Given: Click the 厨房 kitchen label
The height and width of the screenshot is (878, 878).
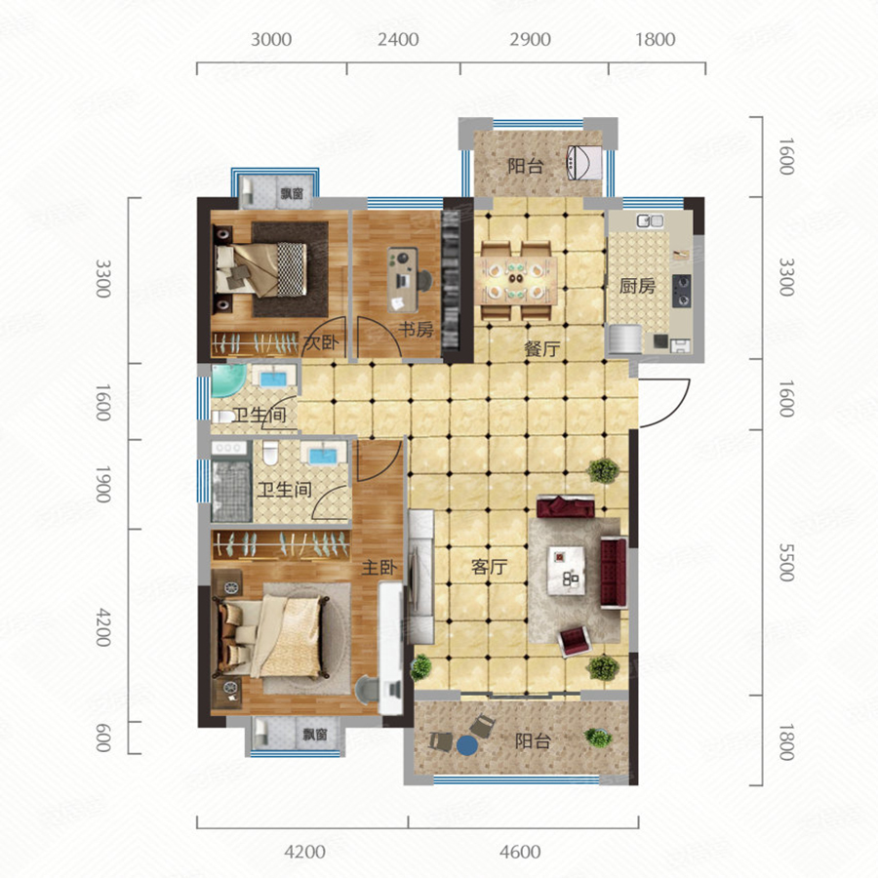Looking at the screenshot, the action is point(637,286).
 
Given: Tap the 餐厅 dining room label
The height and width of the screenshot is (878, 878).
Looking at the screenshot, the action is point(542,349).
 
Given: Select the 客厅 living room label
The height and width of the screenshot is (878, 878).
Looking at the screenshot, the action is point(490,567).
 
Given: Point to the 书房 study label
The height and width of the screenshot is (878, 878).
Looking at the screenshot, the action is point(416,330).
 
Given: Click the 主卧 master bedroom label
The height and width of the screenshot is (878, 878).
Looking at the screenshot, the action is point(379,567).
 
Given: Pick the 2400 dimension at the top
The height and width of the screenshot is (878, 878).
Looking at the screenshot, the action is point(398,40).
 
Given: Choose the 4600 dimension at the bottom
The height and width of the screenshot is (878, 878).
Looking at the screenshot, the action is point(520,852).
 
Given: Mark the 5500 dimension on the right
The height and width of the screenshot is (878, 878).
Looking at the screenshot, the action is point(786,562).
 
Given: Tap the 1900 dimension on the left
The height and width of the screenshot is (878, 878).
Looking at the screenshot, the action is point(102,484).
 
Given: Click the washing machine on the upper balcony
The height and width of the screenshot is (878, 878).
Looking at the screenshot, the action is point(584,162).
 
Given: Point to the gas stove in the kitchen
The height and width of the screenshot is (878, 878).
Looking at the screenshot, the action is point(682,291).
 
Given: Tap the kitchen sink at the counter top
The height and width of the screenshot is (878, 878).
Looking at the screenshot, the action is point(650,221).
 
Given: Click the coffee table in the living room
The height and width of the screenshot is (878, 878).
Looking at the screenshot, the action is point(567,571).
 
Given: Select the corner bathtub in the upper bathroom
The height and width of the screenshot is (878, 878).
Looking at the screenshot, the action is point(226,379).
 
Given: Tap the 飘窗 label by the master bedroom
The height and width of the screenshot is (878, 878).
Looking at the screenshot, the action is point(315,734).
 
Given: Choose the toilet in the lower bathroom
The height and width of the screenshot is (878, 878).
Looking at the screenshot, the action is point(270,454).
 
